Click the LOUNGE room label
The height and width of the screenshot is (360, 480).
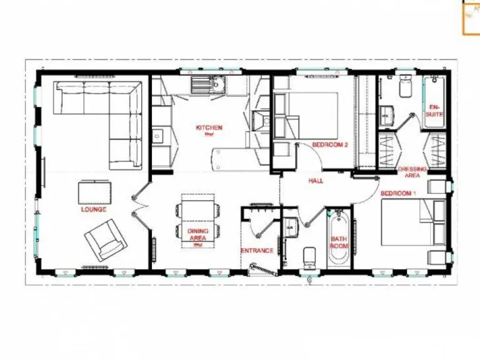click(x=93, y=209)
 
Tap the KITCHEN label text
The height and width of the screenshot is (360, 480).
click(x=209, y=127)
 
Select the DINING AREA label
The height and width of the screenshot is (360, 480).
click(x=198, y=234)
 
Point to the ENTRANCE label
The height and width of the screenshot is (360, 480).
click(x=257, y=251)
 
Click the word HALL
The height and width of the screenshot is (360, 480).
click(x=316, y=181)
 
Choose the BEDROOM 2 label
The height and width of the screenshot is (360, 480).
click(x=329, y=144)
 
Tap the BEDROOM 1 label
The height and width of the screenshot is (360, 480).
click(x=397, y=193)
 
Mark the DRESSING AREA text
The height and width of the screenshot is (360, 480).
click(x=412, y=172)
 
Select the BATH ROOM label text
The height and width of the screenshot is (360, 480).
click(x=338, y=242)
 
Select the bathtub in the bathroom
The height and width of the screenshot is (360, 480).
click(x=338, y=241)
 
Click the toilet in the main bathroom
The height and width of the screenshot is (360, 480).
click(x=309, y=258)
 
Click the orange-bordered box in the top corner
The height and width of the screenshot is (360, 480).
click(x=471, y=17)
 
